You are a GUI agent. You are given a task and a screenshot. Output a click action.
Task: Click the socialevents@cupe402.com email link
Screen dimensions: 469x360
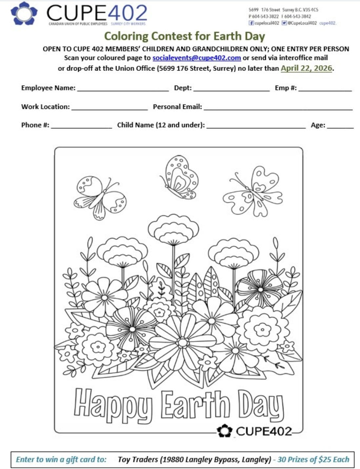197,58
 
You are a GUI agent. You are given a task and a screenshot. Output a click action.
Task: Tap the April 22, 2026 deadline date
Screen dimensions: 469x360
307,68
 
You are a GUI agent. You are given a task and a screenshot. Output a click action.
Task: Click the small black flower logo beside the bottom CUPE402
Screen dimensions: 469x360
225,430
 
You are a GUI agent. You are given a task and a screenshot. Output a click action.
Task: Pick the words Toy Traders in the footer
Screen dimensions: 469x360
138,459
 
